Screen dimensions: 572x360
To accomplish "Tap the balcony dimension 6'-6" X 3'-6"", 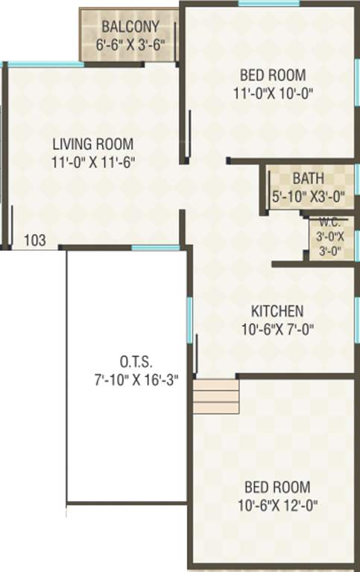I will point(131,45).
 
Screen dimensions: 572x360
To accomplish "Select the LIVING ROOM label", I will point(93,144).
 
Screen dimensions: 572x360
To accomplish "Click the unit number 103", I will point(35,240).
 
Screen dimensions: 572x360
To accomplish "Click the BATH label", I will point(308,179).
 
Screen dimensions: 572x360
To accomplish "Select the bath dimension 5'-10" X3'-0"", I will point(308,197).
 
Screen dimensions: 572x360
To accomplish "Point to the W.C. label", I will point(329,222).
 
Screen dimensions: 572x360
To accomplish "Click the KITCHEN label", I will point(277,311).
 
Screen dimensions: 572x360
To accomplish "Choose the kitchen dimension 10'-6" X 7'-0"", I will point(277,329).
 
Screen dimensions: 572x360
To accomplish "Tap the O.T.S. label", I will point(135,362).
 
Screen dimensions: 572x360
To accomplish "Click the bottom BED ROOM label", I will point(277,488).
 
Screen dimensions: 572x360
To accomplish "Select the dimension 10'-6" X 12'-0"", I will point(277,506).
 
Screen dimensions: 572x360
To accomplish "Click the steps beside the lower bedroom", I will point(215,396).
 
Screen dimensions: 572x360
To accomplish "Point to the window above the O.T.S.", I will point(156,247).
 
